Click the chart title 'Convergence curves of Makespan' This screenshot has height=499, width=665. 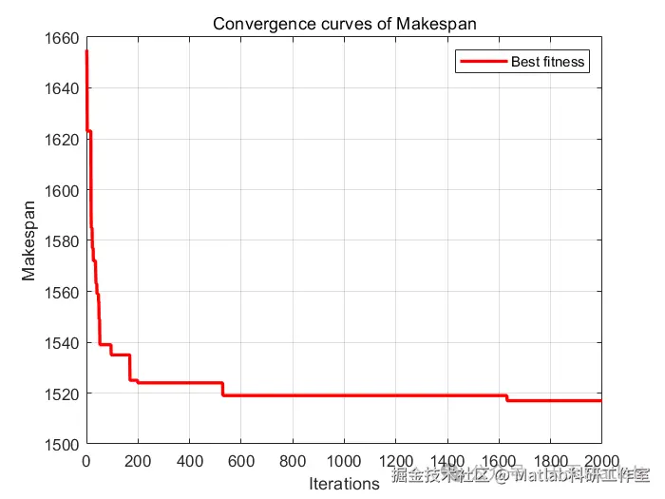pyautogui.click(x=343, y=24)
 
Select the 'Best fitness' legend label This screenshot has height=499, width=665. pyautogui.click(x=548, y=63)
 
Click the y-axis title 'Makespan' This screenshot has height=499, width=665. pyautogui.click(x=29, y=240)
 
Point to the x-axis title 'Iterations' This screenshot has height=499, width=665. pyautogui.click(x=343, y=484)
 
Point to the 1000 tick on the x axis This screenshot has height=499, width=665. pyautogui.click(x=343, y=463)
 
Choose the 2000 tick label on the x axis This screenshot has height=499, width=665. pyautogui.click(x=600, y=463)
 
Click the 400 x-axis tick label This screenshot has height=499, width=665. pyautogui.click(x=189, y=463)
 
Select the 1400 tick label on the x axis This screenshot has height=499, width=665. pyautogui.click(x=446, y=463)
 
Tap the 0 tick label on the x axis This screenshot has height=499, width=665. pyautogui.click(x=85, y=463)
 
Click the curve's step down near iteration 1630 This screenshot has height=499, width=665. pyautogui.click(x=506, y=398)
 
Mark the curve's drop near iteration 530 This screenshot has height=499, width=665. pyautogui.click(x=222, y=389)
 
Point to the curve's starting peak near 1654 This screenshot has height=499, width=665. pyautogui.click(x=86, y=52)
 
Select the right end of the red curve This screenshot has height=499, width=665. pyautogui.click(x=600, y=400)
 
